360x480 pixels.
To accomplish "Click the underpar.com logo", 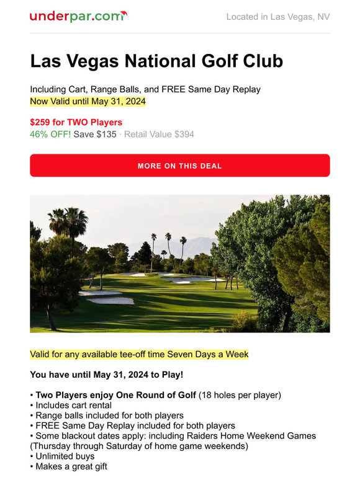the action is click(x=78, y=16).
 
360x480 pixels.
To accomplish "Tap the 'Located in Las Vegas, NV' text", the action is click(x=277, y=17).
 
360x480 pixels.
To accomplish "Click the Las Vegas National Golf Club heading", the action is click(x=156, y=61).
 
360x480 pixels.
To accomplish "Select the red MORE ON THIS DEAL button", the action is click(x=180, y=166).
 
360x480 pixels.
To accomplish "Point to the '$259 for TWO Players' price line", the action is click(x=76, y=122).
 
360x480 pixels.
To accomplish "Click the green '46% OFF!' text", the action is click(x=50, y=134).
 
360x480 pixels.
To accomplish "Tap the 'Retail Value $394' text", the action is click(x=160, y=134).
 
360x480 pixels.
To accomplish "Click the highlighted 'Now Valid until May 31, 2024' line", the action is click(x=88, y=100).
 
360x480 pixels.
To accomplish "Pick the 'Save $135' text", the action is click(x=95, y=134).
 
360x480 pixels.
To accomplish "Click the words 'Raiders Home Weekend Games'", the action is click(x=255, y=435).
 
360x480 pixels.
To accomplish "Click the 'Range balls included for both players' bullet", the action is click(x=109, y=416).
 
